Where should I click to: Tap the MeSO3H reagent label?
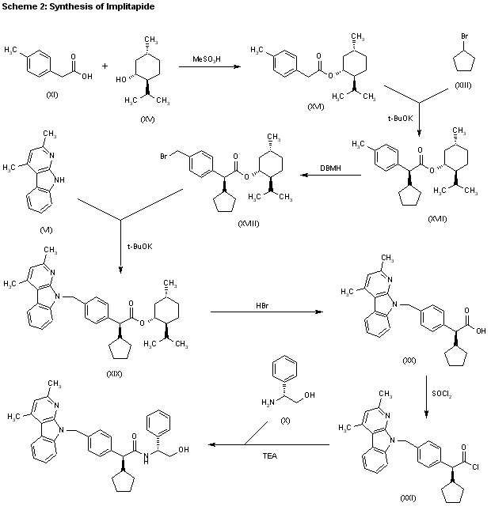pos(207,58)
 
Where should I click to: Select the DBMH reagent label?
pos(327,168)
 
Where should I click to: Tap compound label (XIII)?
pos(463,85)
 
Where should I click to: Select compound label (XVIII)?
pos(249,225)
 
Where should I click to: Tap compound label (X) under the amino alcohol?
pos(285,419)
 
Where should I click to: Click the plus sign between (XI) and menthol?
pos(105,66)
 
